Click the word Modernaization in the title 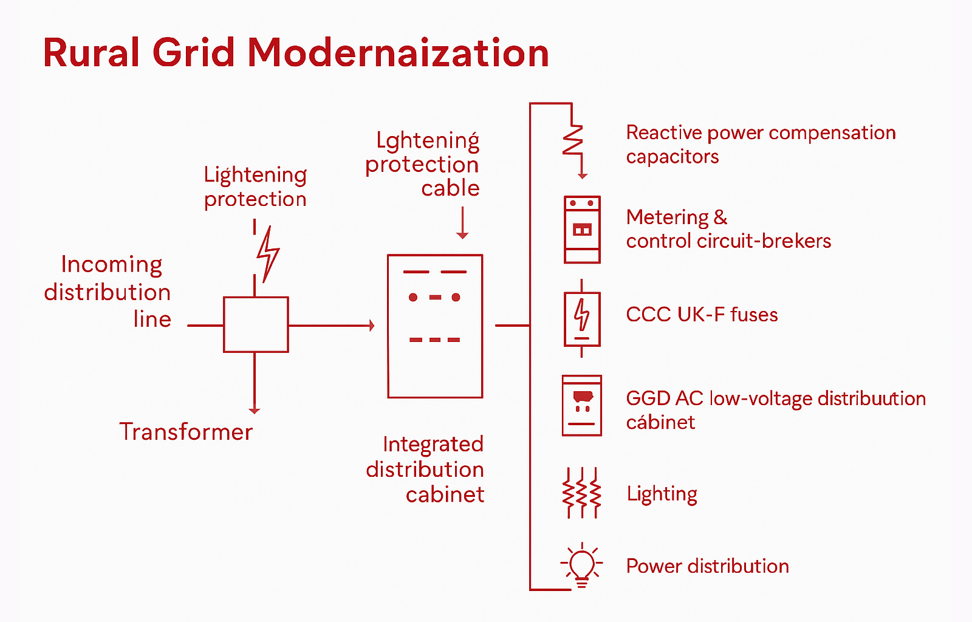pos(398,53)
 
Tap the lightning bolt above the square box pos(267,254)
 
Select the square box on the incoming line pos(256,324)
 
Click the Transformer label pos(186,432)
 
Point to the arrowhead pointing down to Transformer pos(255,411)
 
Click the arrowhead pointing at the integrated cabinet pos(371,326)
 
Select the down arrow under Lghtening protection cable pos(462,234)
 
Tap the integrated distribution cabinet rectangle pos(435,326)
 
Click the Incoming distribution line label pos(108,292)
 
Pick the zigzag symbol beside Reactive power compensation pos(573,140)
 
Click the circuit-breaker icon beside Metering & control pos(582,230)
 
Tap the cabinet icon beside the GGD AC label pos(582,406)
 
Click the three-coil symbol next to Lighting pos(582,493)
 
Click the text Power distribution pos(707,566)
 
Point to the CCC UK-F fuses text pos(702,315)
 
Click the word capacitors pos(673,157)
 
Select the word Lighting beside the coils pos(662,494)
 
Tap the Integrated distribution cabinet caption pos(425,469)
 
